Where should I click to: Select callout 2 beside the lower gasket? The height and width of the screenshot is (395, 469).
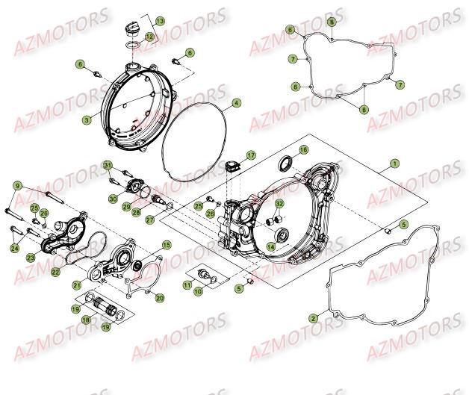click(314, 317)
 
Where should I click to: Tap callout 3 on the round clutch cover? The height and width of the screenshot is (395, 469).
click(87, 118)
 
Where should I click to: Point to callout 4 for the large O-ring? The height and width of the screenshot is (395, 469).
click(235, 102)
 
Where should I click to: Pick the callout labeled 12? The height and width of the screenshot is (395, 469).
click(149, 36)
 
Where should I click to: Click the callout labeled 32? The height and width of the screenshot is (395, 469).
click(279, 203)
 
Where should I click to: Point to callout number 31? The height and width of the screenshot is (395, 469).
click(108, 165)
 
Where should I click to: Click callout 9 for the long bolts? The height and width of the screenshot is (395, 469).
click(17, 184)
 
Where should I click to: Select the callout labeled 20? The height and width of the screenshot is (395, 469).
click(160, 298)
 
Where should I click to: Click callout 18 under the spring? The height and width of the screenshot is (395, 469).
click(86, 320)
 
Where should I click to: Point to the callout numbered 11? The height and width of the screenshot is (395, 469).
click(186, 285)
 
